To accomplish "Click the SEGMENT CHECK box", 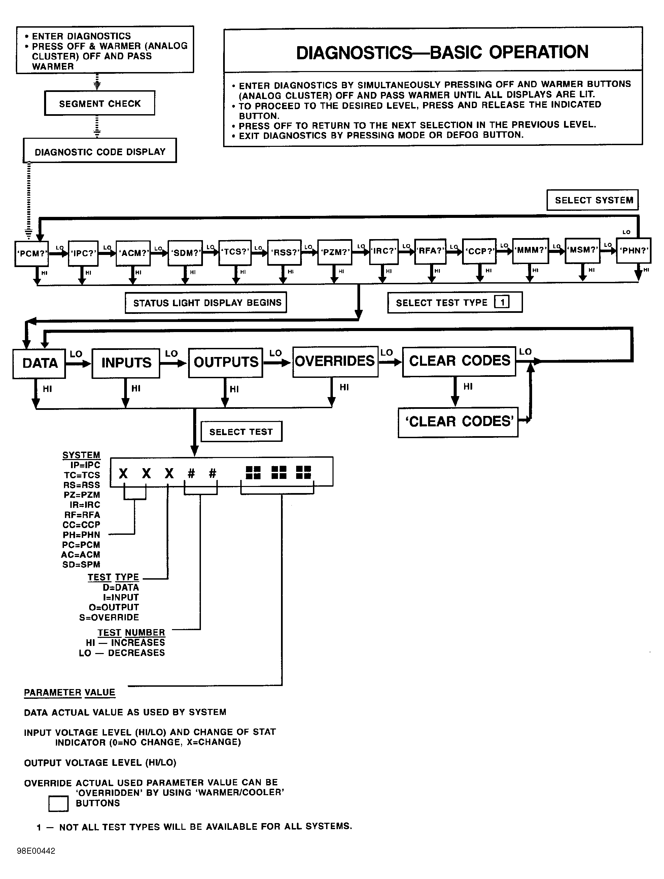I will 100,103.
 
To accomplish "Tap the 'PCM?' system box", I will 31,254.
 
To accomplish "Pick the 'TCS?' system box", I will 235,252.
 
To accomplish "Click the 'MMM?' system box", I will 530,250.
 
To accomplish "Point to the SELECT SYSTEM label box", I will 593,200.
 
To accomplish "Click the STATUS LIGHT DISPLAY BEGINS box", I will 206,303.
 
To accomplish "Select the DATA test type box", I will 39,363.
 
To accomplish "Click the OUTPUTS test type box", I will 225,362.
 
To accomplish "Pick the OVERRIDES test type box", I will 335,361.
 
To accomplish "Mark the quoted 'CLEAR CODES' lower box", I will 458,422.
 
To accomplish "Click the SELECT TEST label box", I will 241,431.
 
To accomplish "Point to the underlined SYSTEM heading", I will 81,455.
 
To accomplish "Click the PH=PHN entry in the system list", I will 81,535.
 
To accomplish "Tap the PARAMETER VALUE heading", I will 70,692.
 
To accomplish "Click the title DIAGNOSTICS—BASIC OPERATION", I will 442,53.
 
